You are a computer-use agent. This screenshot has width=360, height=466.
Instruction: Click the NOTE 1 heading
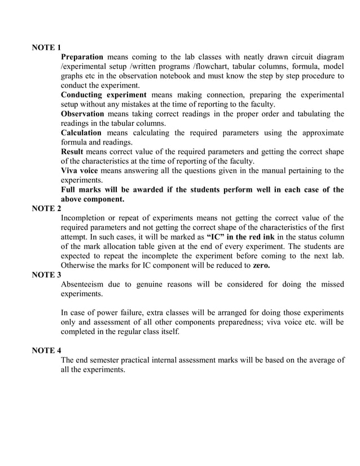click(x=46, y=47)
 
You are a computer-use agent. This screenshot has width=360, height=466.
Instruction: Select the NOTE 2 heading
click(x=46, y=208)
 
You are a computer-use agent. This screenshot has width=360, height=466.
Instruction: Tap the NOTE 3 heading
click(x=46, y=275)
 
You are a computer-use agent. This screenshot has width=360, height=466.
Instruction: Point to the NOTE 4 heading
click(x=46, y=350)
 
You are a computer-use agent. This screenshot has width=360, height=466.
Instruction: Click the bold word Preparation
click(x=82, y=57)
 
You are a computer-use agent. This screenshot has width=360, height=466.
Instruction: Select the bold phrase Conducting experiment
click(x=103, y=94)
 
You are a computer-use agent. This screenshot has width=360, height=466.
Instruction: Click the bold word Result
click(x=72, y=152)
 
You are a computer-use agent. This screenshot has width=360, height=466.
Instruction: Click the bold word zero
click(x=261, y=265)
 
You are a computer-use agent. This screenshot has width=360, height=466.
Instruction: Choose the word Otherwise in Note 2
click(x=79, y=265)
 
